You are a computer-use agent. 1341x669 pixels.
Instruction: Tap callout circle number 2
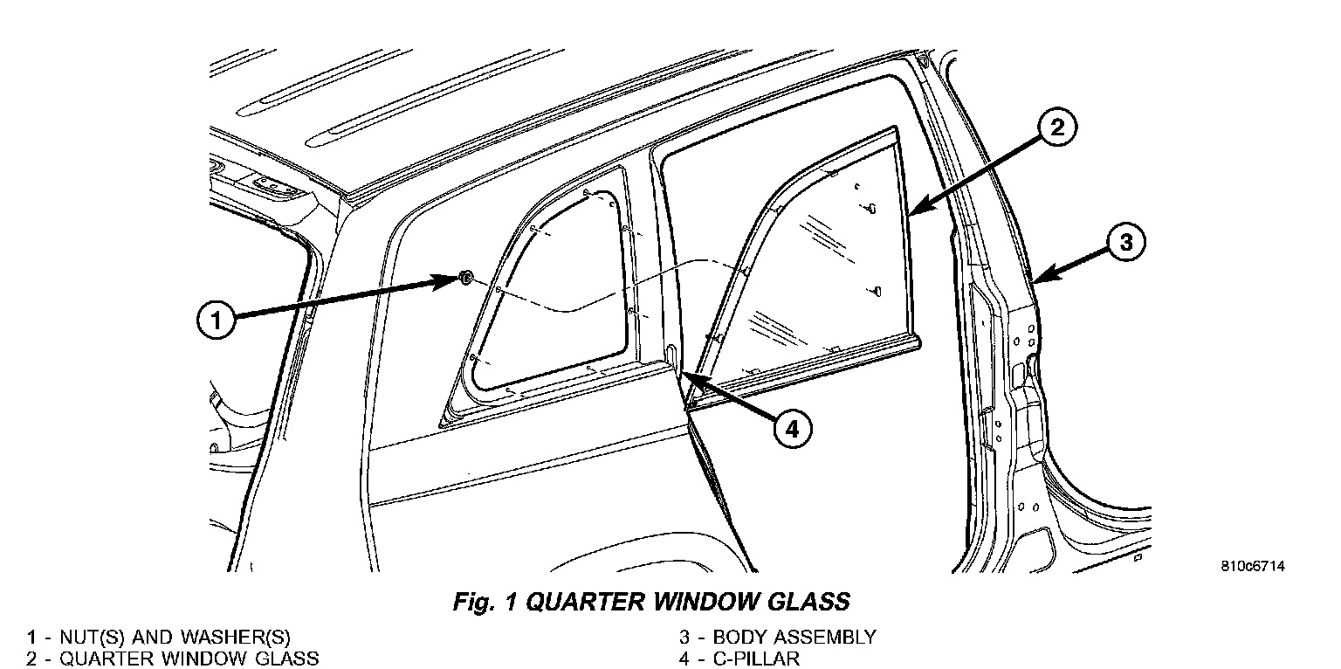click(1056, 128)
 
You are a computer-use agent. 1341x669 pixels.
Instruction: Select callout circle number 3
click(1126, 241)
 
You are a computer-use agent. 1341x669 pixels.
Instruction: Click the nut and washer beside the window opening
click(466, 278)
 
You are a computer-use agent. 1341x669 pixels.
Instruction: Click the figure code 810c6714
click(1253, 566)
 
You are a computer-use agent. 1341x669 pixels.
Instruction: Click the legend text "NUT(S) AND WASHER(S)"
click(175, 638)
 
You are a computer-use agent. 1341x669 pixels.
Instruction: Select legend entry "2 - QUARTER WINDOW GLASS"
click(172, 658)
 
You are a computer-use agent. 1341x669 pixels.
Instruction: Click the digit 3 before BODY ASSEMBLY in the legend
click(685, 638)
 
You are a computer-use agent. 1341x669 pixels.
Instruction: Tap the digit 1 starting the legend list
click(31, 638)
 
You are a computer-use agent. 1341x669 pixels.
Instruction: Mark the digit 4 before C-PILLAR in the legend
click(685, 658)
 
